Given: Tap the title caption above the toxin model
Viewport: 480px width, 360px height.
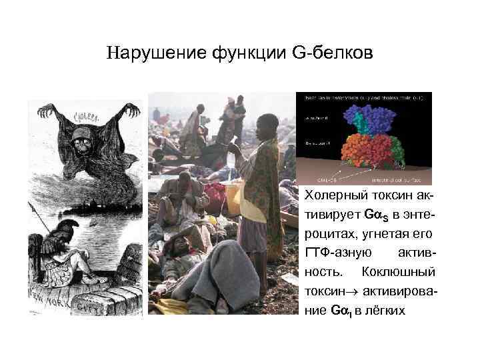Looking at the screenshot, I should [x=363, y=98].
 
